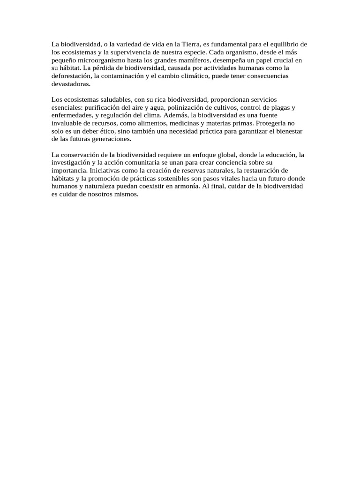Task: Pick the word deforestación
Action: [x=71, y=76]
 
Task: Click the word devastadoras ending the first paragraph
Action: [x=70, y=84]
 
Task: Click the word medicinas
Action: [x=185, y=124]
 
